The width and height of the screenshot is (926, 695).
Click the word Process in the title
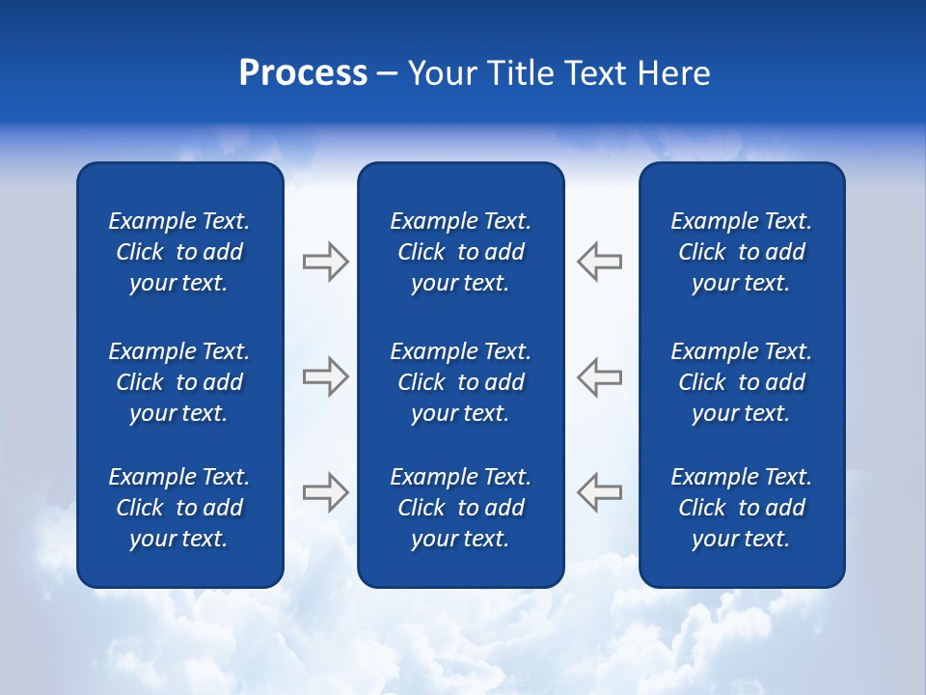coord(303,73)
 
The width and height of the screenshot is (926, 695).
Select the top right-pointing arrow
coord(325,262)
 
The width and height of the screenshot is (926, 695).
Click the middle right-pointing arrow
coord(325,376)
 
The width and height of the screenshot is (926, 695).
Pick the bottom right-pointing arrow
coord(325,491)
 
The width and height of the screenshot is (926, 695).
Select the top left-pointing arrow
coord(600,262)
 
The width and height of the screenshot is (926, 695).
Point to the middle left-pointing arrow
coord(600,376)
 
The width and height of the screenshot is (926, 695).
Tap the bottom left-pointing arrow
coord(600,491)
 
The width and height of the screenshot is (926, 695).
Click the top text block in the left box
coord(179,252)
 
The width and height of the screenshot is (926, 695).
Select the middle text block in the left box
coord(179,382)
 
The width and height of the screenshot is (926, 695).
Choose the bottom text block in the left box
coord(179,508)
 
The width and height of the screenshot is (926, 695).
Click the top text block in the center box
coord(460,252)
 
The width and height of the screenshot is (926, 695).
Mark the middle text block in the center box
coord(460,382)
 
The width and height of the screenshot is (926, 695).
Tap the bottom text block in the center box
coord(460,508)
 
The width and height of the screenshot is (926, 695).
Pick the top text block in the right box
coord(741,252)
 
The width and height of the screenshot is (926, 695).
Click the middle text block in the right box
coord(741,382)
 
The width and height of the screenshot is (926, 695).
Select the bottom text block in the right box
coord(741,508)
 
